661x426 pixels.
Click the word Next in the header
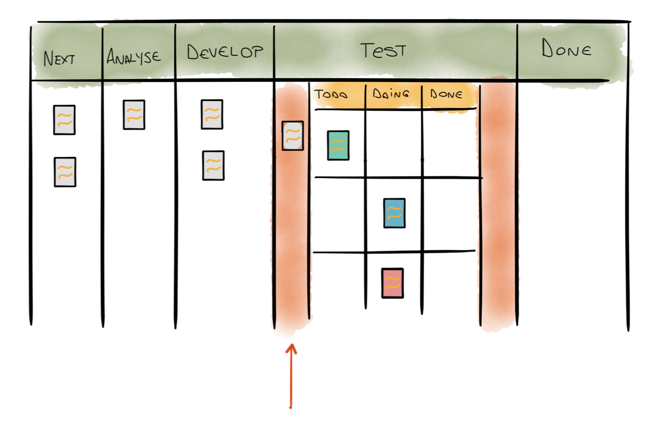click(59, 59)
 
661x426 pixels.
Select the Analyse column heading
click(134, 56)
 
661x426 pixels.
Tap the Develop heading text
click(225, 52)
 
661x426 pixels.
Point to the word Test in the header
click(383, 50)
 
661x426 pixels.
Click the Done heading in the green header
click(566, 49)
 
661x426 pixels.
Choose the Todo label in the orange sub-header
click(331, 95)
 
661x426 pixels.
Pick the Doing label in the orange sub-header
click(391, 94)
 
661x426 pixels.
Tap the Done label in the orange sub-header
click(446, 94)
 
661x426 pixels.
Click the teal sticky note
click(338, 145)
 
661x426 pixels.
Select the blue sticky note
click(394, 213)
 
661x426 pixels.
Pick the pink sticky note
click(392, 283)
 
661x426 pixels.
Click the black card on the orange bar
click(293, 135)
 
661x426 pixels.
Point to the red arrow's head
click(291, 347)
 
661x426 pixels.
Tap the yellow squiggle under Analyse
click(134, 115)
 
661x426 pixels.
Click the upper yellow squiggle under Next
click(64, 119)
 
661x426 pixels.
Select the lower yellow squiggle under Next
click(65, 171)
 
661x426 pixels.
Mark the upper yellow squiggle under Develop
click(212, 115)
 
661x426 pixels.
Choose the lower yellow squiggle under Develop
click(213, 166)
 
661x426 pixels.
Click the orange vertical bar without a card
click(498, 206)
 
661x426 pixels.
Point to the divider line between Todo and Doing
click(365, 96)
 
